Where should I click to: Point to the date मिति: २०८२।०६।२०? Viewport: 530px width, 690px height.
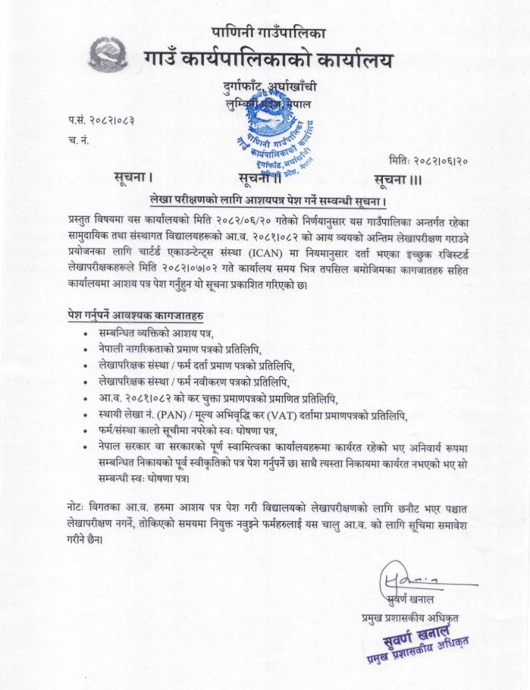(x=428, y=160)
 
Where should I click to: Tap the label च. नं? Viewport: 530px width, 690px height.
(x=77, y=139)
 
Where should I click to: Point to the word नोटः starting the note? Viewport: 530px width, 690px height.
(x=77, y=506)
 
